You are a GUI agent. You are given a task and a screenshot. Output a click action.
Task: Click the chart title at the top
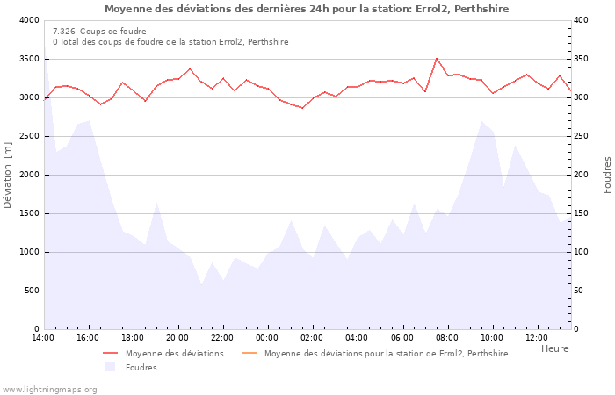coord(306,9)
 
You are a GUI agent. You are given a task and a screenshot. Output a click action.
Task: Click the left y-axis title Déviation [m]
coord(8,174)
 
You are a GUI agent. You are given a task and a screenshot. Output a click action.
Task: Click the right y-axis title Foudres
coord(607,175)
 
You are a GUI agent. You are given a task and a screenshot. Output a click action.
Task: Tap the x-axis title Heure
coord(554,348)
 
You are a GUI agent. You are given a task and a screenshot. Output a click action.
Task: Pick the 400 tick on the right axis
coord(582,20)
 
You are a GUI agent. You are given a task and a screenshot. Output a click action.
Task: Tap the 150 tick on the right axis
coord(582,213)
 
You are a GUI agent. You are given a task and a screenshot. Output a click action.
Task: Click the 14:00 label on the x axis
coord(43,337)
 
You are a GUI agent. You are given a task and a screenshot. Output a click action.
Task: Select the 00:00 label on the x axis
coord(267,337)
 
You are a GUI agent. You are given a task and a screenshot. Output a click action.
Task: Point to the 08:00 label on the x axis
coord(446,337)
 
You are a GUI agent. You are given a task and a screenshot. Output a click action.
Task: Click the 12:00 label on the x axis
coord(536,337)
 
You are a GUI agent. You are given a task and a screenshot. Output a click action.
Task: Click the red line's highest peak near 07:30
coord(437,58)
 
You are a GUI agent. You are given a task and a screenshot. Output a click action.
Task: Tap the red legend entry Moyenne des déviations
coord(174,354)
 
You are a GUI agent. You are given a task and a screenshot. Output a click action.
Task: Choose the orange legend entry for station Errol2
coord(386,354)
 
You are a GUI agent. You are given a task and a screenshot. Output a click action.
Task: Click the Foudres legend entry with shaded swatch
coord(141,367)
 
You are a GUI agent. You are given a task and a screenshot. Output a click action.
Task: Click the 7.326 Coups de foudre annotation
coord(99,32)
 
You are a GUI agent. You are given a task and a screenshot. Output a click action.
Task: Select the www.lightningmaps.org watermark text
coord(49,389)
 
